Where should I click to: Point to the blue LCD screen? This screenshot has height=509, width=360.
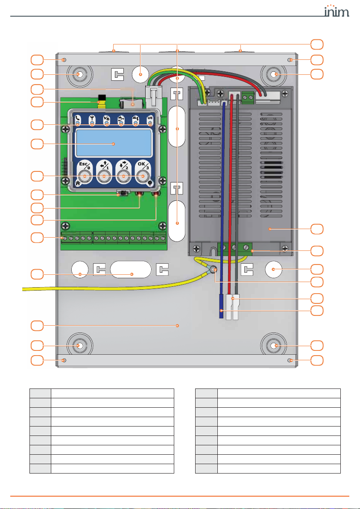[114, 144]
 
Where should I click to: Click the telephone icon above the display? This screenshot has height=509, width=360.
[77, 119]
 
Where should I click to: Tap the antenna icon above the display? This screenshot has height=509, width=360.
[92, 119]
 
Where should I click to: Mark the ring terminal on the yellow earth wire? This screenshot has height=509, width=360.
[213, 270]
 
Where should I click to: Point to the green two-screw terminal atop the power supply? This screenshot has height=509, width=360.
[247, 97]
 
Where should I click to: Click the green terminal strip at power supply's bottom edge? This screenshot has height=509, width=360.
[234, 247]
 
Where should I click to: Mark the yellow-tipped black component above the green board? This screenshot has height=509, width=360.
[102, 100]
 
